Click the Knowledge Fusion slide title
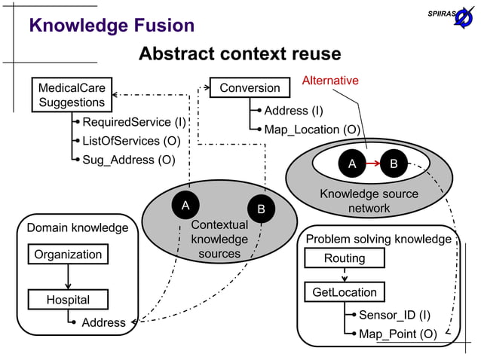(x=112, y=26)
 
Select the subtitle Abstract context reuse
(x=240, y=54)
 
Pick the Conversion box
(x=250, y=88)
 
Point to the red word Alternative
(x=330, y=81)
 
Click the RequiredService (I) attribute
(x=133, y=122)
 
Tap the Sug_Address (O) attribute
(x=128, y=160)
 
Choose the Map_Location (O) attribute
(x=311, y=130)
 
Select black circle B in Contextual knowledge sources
(x=261, y=209)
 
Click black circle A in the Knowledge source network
(x=351, y=163)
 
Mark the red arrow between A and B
(x=372, y=163)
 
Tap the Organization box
(x=68, y=255)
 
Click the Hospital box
(x=68, y=300)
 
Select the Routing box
(x=345, y=258)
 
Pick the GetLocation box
(x=345, y=291)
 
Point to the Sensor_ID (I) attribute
(x=394, y=315)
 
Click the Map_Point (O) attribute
(x=397, y=334)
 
